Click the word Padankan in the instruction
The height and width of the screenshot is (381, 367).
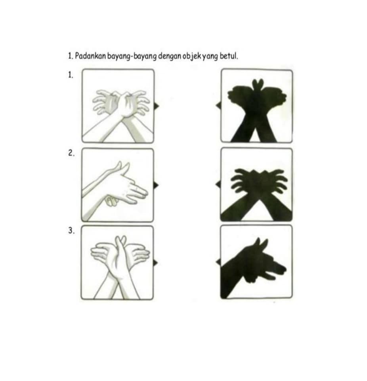click(90, 56)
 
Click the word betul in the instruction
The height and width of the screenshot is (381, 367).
click(228, 56)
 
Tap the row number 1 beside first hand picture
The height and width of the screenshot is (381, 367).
click(71, 75)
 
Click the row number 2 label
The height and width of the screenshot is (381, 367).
click(71, 153)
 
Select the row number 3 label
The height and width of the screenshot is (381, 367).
click(71, 231)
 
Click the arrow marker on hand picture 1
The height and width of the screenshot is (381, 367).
click(156, 106)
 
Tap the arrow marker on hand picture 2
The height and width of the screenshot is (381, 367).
click(156, 185)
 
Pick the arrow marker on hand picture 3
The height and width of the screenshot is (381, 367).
click(156, 263)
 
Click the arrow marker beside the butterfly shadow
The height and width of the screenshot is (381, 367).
click(218, 105)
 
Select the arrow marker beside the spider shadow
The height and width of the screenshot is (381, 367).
click(218, 184)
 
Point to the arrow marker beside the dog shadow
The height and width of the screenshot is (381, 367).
click(218, 262)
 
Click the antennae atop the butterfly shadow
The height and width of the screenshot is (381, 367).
click(258, 84)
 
